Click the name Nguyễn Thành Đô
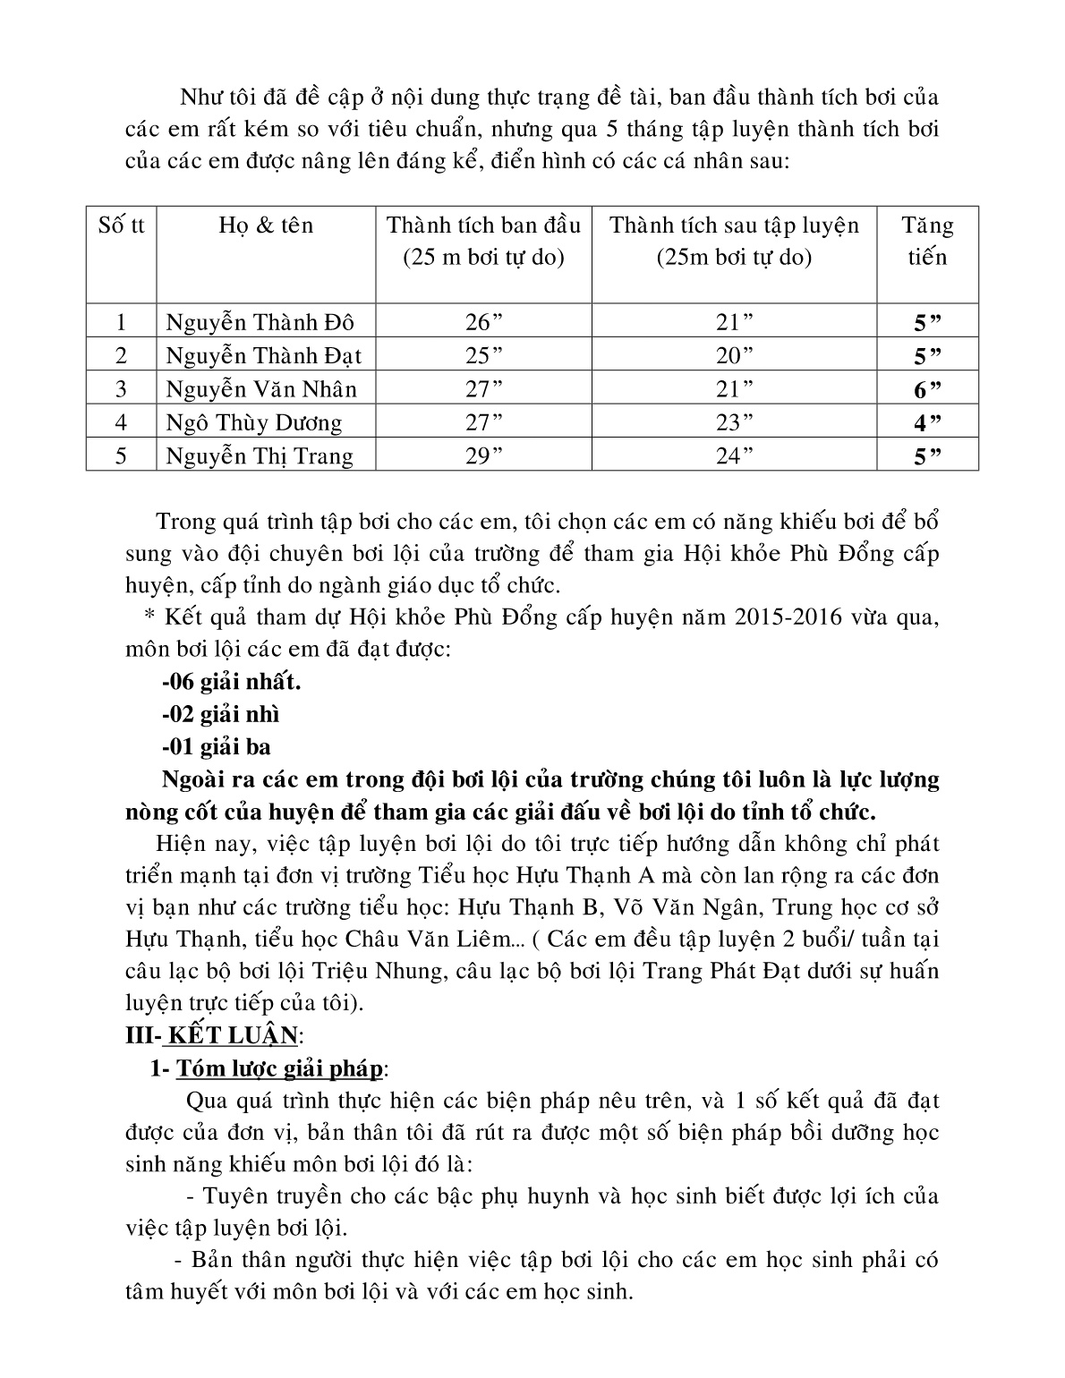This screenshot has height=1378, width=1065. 260,322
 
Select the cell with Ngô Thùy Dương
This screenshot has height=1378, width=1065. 254,422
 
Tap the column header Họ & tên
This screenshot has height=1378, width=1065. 266,225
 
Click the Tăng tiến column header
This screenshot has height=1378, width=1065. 927,241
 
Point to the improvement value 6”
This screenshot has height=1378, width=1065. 928,389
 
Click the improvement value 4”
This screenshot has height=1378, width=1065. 928,422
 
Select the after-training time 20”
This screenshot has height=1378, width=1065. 734,355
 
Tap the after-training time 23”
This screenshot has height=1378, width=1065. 734,422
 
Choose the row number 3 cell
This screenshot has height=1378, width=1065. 122,389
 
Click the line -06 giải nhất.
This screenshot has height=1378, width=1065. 232,682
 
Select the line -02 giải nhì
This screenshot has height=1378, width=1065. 221,714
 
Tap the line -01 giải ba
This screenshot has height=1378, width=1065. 217,746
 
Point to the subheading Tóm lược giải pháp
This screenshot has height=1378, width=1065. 280,1068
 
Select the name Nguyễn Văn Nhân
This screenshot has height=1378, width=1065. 261,389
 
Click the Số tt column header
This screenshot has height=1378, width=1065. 122,225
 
